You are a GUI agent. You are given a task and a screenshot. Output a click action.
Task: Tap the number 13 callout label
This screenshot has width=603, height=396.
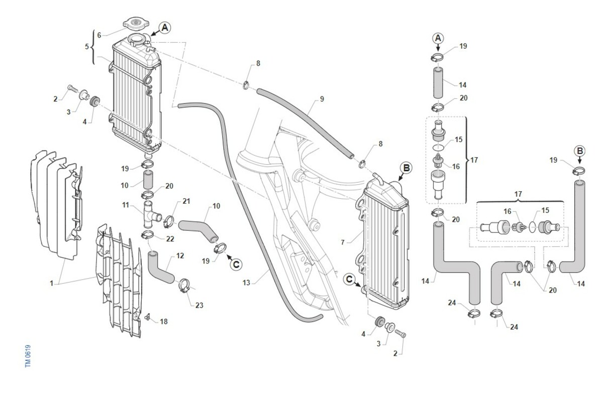(x=246, y=283)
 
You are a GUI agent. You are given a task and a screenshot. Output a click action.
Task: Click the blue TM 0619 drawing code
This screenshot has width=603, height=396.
(x=28, y=357)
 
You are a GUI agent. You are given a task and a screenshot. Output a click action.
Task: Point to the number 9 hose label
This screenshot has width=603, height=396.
(x=322, y=99)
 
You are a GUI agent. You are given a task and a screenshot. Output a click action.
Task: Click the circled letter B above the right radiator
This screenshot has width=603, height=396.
(x=406, y=168)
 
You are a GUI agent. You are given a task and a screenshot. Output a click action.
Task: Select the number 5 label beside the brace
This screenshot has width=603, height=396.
(x=87, y=47)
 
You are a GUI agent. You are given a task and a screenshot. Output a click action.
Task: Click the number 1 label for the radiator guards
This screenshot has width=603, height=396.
(x=51, y=284)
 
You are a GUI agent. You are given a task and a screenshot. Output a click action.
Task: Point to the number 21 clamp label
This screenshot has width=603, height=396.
(x=186, y=201)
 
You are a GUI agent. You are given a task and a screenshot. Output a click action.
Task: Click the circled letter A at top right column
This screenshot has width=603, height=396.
(x=438, y=39)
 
